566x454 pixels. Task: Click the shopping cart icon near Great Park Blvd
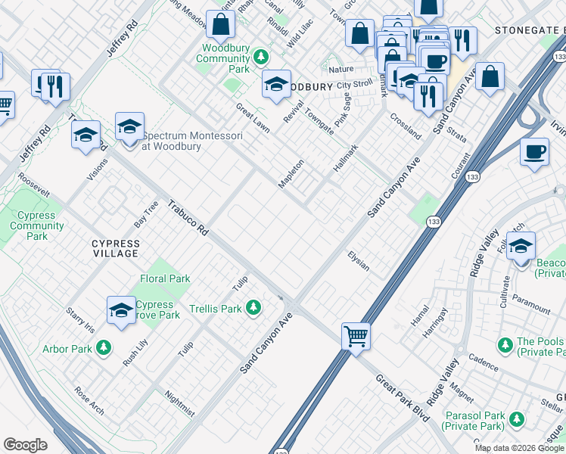click(356, 335)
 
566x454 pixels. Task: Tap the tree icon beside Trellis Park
click(255, 308)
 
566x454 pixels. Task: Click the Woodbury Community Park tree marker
click(261, 57)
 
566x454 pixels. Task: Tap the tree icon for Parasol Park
click(517, 418)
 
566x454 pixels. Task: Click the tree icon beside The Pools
click(505, 345)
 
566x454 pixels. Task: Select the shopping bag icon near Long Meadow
click(220, 25)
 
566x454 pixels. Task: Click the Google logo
click(25, 445)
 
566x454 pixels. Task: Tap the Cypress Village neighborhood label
click(115, 248)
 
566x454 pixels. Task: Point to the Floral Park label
click(165, 278)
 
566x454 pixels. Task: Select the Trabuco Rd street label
click(188, 217)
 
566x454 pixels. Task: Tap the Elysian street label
click(358, 261)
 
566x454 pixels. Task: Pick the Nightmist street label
click(179, 403)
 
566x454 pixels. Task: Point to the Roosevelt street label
click(33, 187)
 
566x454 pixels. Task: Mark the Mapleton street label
click(292, 175)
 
